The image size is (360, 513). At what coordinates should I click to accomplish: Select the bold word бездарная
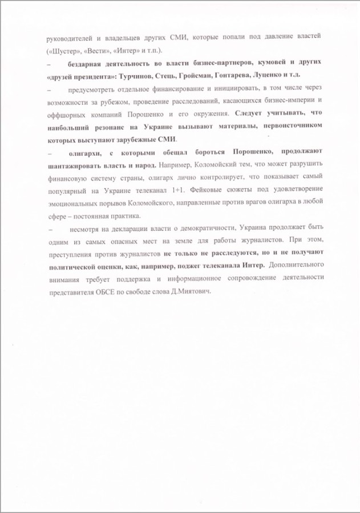click(x=84, y=63)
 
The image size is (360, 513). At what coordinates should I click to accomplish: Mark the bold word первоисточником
click(x=292, y=127)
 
